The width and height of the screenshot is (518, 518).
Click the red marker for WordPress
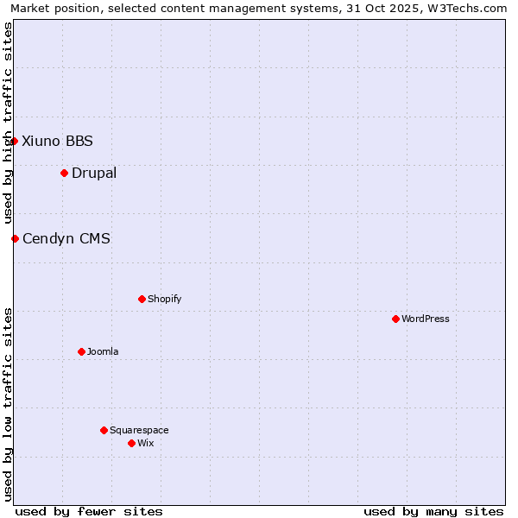pos(395,319)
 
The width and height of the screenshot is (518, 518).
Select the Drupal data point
pos(64,173)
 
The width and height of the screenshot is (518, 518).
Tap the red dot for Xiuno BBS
pos(14,141)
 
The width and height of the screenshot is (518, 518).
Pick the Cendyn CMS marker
pos(15,238)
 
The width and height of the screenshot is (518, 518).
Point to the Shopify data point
pos(142,299)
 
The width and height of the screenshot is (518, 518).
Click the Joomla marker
pos(81,351)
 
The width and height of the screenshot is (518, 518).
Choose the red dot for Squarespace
pos(104,430)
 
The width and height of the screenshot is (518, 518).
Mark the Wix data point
pos(131,443)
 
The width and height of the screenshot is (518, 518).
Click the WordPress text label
pos(426,319)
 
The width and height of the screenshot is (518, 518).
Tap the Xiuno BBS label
pos(57,141)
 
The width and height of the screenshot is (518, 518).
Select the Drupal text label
pos(94,173)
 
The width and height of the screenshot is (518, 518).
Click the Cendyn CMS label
pos(66,238)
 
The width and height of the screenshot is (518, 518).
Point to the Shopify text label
pos(165,299)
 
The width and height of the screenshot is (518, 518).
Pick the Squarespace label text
pos(139,430)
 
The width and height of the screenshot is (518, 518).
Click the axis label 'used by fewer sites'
pos(89,511)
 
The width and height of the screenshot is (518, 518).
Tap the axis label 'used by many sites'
pos(433,511)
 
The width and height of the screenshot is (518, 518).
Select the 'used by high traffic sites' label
pos(8,123)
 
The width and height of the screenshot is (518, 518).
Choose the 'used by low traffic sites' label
pos(8,403)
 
